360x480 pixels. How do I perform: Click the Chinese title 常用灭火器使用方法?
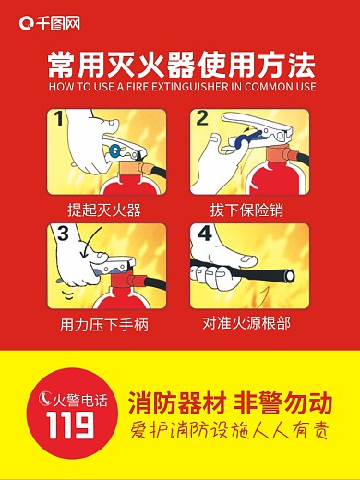(181, 66)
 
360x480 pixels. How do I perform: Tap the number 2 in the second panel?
(202, 118)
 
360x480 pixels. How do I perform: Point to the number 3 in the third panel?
(63, 234)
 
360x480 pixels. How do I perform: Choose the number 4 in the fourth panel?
(204, 233)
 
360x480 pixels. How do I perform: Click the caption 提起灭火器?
(104, 210)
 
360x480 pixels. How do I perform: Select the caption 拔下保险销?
(246, 210)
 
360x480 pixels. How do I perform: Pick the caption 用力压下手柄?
(104, 325)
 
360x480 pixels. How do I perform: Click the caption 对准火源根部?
(246, 324)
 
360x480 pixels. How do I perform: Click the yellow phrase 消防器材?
(174, 404)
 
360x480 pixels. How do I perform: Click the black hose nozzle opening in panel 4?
(291, 274)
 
